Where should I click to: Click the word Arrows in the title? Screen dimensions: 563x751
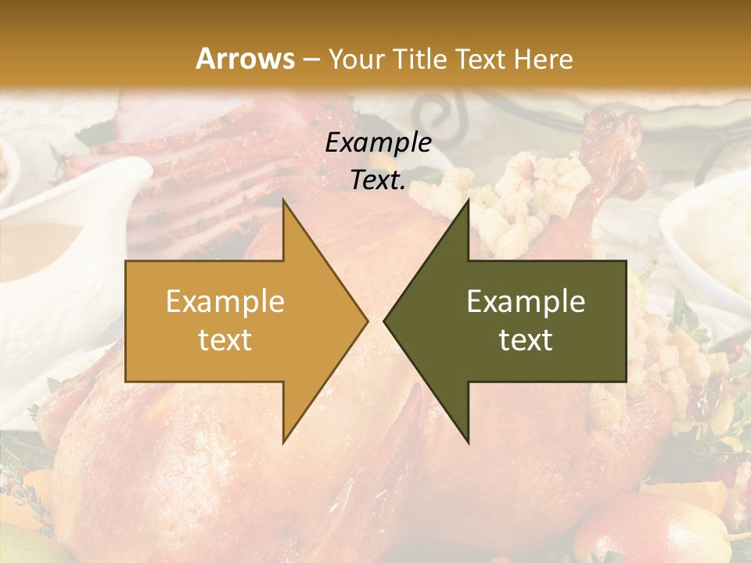pyautogui.click(x=246, y=58)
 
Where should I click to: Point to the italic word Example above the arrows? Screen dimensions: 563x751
pyautogui.click(x=378, y=142)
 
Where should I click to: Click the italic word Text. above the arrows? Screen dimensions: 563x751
pyautogui.click(x=378, y=180)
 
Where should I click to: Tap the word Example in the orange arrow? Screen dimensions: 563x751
pyautogui.click(x=225, y=302)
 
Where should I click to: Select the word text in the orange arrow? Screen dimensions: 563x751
pyautogui.click(x=225, y=340)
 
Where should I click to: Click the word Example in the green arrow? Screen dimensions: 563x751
pyautogui.click(x=526, y=302)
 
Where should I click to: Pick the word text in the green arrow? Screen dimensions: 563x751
pyautogui.click(x=526, y=340)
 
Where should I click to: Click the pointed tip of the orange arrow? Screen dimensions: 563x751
pyautogui.click(x=366, y=321)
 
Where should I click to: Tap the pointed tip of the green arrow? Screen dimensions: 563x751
pyautogui.click(x=386, y=321)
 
